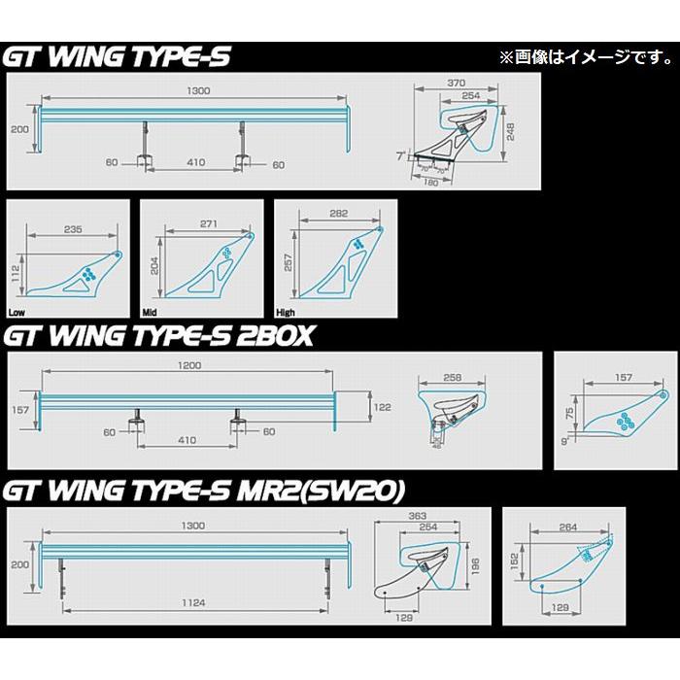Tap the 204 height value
[153, 267]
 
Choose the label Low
[17, 314]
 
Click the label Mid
[151, 314]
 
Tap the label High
[287, 314]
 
